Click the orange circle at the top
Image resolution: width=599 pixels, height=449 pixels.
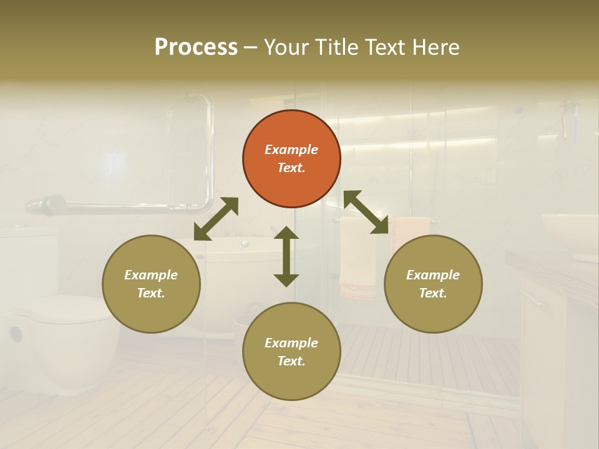[291, 158]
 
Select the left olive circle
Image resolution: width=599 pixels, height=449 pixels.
[151, 284]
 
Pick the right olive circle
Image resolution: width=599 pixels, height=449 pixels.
[433, 284]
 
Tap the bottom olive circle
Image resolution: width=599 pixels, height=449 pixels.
[291, 352]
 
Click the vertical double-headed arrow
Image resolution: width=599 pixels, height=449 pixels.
[286, 256]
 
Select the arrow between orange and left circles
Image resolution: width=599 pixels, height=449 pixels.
[216, 219]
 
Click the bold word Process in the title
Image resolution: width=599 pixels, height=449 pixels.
[196, 47]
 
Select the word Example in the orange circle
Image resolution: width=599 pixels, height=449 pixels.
[291, 150]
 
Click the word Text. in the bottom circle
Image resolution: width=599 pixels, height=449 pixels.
[291, 361]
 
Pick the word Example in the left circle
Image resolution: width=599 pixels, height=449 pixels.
[151, 275]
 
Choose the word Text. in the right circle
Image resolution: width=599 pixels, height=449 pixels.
[433, 293]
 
